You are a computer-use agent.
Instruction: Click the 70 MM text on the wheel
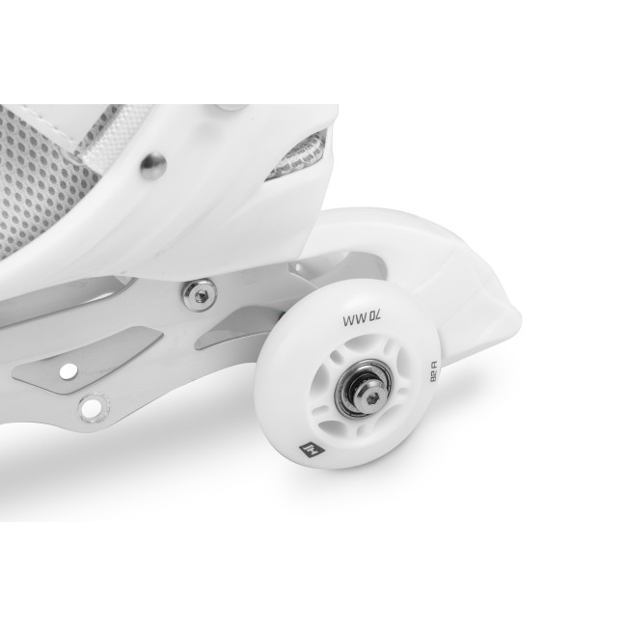tap(363, 319)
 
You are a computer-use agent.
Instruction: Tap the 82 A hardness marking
tap(433, 371)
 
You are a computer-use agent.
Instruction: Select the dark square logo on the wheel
tap(313, 452)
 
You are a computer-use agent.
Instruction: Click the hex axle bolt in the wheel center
tap(371, 393)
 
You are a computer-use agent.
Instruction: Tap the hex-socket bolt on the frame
tap(200, 296)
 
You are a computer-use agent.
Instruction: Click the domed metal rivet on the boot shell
tap(153, 166)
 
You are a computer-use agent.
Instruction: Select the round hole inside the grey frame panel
tap(68, 371)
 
